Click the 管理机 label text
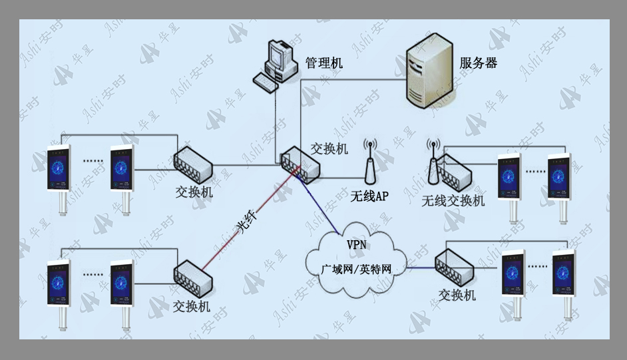(x=324, y=63)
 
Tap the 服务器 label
(x=479, y=63)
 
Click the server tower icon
(x=429, y=71)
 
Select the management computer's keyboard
(x=266, y=83)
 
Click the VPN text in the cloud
(x=356, y=244)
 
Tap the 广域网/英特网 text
(x=356, y=270)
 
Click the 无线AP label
(x=369, y=196)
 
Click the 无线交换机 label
(x=453, y=200)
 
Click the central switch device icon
(x=300, y=164)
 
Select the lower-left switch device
(x=193, y=279)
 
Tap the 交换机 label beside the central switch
(x=329, y=148)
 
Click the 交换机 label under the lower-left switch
(x=192, y=307)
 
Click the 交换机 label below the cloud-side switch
(x=457, y=295)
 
